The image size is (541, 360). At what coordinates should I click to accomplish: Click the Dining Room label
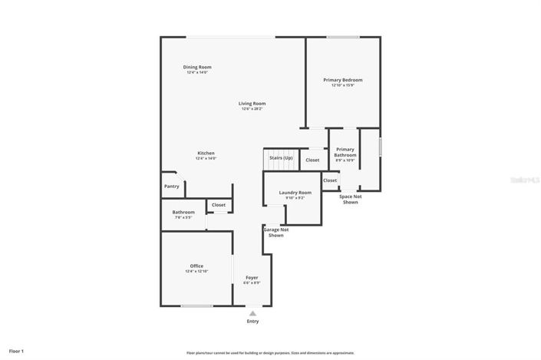tap(196, 67)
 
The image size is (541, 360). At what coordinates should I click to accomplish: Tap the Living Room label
tap(252, 104)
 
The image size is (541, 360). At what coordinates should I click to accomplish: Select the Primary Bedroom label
tap(342, 80)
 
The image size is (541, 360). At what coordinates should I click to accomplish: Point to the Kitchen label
tap(206, 153)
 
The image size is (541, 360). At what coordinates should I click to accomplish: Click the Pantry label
tap(171, 186)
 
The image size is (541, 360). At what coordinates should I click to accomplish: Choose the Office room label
tap(196, 266)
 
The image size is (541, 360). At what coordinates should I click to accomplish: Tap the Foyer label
tap(252, 277)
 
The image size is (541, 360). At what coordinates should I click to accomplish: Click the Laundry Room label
tap(295, 193)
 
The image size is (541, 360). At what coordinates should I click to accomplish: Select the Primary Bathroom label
tap(345, 152)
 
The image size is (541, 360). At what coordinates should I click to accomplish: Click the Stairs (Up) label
tap(281, 157)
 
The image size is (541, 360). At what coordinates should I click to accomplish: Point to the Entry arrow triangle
tap(252, 312)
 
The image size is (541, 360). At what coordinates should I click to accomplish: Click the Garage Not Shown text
tap(276, 233)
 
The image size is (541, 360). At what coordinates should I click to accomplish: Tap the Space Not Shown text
tap(350, 199)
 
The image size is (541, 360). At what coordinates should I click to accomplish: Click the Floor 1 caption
tap(17, 351)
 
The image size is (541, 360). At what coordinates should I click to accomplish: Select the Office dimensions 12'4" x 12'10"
tap(196, 271)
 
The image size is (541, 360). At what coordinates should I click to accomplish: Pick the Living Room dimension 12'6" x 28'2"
tap(252, 109)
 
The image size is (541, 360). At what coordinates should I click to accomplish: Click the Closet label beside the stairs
tap(312, 160)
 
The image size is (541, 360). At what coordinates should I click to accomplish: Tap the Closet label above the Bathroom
tap(219, 205)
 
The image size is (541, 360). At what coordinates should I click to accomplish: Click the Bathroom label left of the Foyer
tap(183, 212)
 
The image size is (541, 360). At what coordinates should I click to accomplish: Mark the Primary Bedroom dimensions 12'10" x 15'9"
tap(342, 85)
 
